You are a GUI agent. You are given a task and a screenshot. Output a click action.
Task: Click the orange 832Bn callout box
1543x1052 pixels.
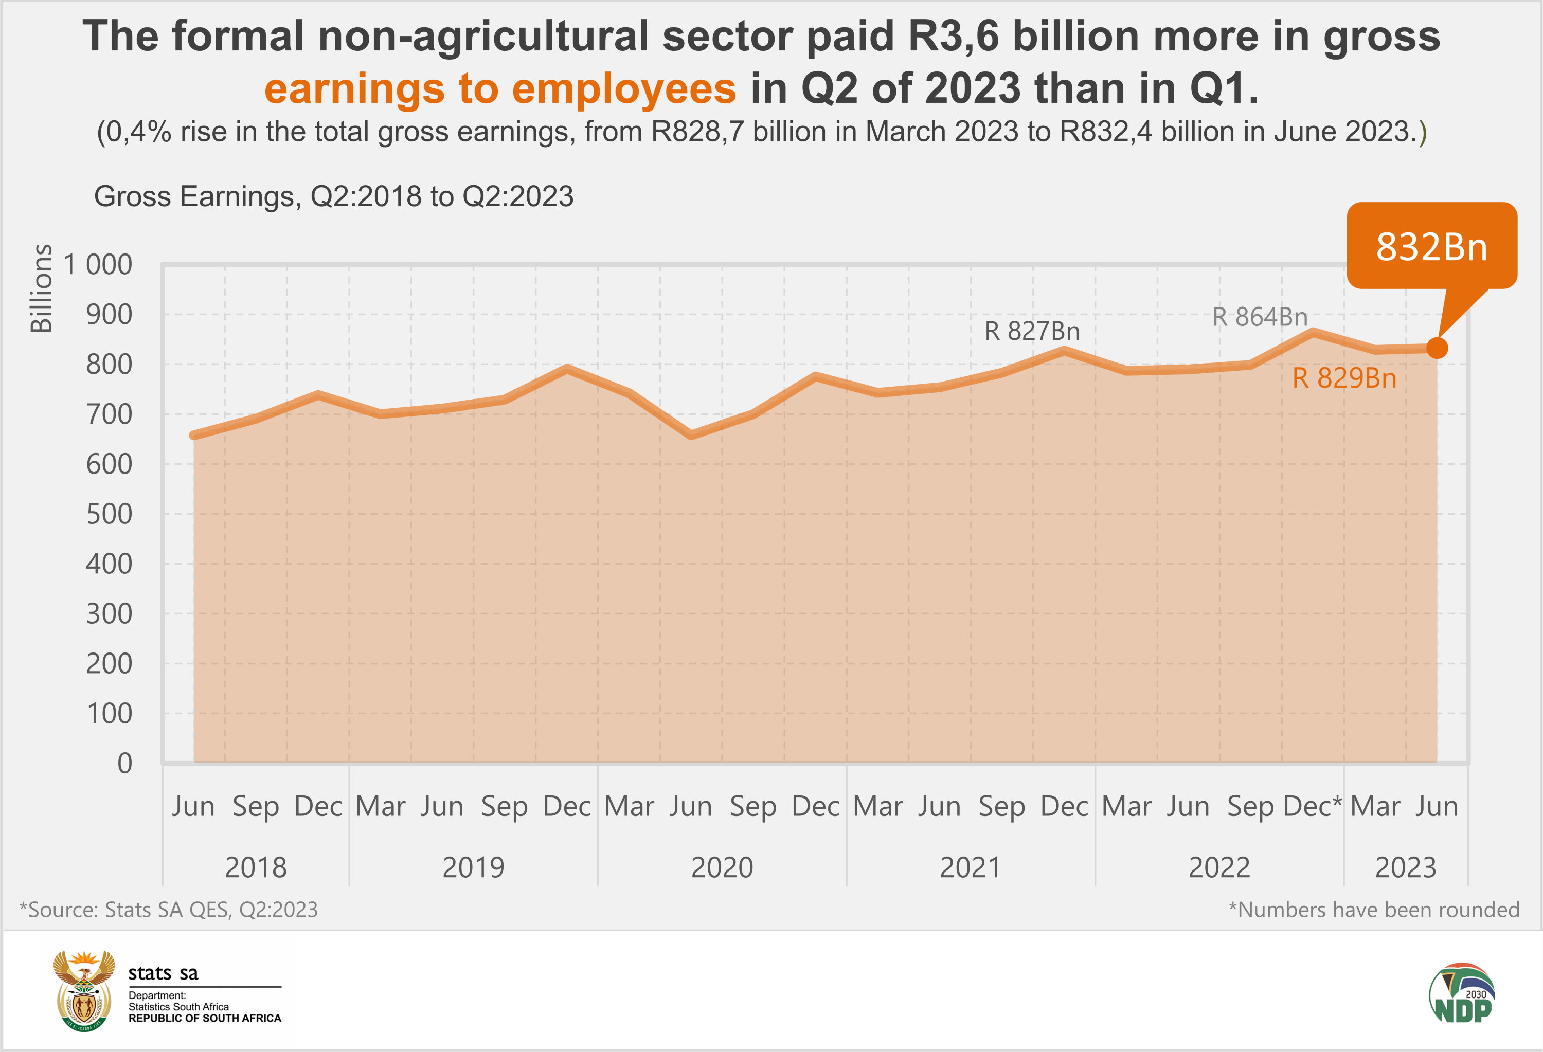(x=1431, y=246)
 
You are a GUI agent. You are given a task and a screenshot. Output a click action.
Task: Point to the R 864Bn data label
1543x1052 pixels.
(x=1260, y=317)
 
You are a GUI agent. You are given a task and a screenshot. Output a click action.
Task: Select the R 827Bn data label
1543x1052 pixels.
(x=1032, y=331)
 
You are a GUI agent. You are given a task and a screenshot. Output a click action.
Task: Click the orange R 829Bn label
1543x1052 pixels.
(x=1344, y=378)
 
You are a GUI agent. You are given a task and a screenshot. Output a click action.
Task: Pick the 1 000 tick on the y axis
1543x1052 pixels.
(x=98, y=265)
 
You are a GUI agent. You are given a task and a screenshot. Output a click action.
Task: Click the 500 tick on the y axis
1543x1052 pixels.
(x=109, y=514)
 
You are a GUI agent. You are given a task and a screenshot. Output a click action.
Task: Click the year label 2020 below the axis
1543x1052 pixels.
(x=722, y=867)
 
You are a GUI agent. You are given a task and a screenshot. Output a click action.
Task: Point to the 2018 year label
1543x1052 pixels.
(x=256, y=867)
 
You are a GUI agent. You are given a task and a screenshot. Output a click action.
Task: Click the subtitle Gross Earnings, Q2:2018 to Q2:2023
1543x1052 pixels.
(x=333, y=196)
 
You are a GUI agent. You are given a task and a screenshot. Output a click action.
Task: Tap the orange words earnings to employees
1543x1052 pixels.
(x=500, y=89)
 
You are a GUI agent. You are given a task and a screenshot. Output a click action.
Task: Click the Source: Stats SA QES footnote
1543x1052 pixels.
(x=169, y=909)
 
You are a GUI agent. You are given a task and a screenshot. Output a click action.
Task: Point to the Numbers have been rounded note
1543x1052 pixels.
(x=1374, y=909)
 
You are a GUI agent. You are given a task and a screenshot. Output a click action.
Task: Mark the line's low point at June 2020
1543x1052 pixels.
(x=691, y=436)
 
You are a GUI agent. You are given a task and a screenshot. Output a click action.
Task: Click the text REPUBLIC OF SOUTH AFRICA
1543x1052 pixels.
(x=205, y=1018)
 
